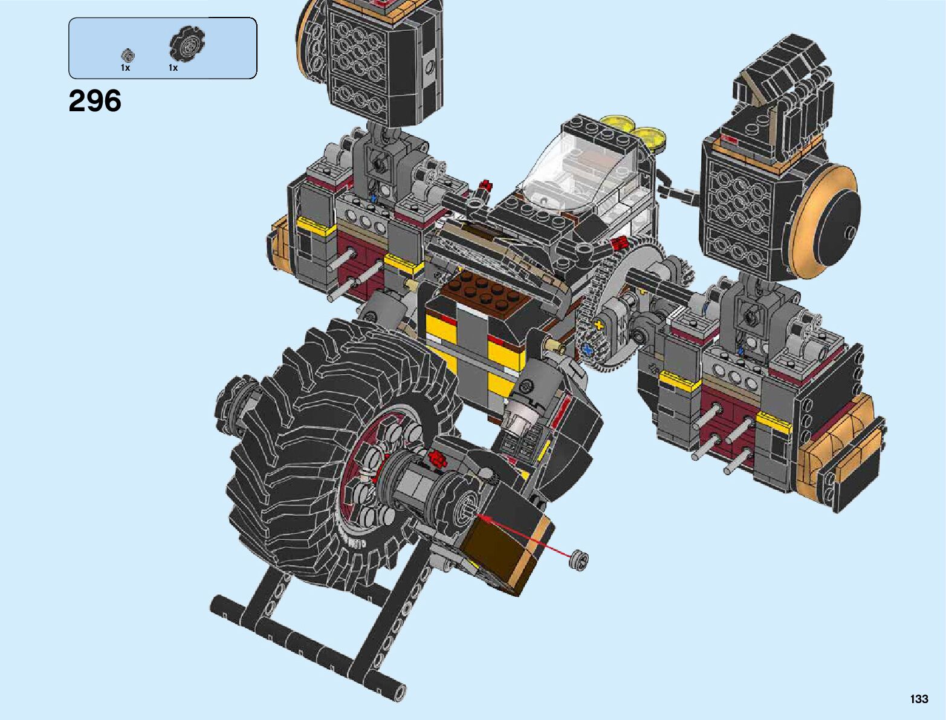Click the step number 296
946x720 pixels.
[x=95, y=101]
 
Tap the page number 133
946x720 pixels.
[x=918, y=698]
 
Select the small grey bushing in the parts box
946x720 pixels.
[x=128, y=55]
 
